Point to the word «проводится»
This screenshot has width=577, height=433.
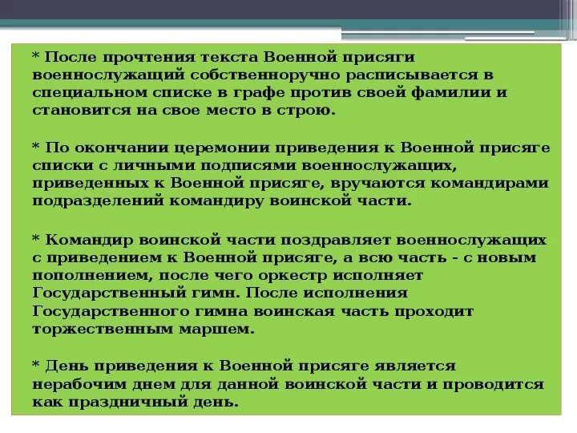click(500, 384)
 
